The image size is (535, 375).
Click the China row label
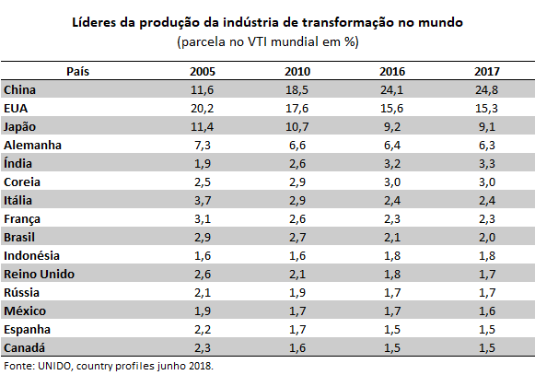tap(19, 89)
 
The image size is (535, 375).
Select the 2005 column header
tap(203, 71)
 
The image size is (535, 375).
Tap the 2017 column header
tap(487, 71)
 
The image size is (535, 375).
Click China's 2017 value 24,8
tap(486, 89)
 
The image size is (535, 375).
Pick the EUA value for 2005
tap(202, 109)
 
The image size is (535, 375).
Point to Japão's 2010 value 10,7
tap(297, 127)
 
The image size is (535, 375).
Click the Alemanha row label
tap(32, 146)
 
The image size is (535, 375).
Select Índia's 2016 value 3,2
tap(391, 164)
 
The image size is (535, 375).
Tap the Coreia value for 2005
tap(203, 182)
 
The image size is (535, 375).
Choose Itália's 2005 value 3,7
tap(203, 201)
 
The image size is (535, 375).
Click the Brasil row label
tap(19, 238)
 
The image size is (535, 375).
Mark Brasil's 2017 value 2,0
tap(487, 238)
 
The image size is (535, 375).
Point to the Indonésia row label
tap(31, 256)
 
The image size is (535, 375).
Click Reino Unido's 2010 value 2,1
tap(297, 275)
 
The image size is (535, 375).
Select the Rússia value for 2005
tap(203, 293)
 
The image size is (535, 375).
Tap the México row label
tap(25, 311)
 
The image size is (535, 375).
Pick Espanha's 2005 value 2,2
tap(203, 330)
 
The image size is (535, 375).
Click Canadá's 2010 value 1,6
tap(297, 348)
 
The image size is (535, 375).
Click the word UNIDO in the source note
tap(55, 366)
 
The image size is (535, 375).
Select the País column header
tap(77, 71)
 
